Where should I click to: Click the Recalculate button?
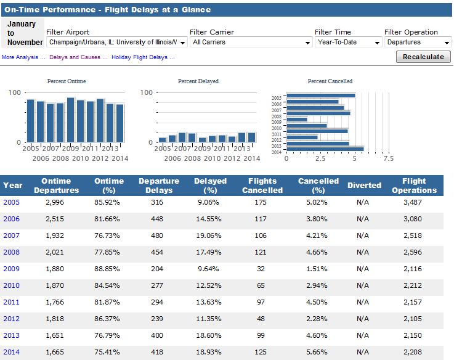coord(423,57)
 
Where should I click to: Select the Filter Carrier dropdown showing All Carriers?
coord(251,43)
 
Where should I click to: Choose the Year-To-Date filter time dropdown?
coord(349,43)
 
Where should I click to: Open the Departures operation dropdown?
coord(418,43)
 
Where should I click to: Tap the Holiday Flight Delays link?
coord(143,57)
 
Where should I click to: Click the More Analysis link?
coord(24,57)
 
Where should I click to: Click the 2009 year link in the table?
coord(12,269)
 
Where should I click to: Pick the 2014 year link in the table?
coord(12,352)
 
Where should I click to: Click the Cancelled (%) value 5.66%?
coord(318,352)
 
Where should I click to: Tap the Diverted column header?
coord(364,186)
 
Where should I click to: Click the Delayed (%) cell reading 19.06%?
coord(210,235)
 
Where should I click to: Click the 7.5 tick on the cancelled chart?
coord(388,158)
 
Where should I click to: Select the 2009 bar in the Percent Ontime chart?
coord(71,120)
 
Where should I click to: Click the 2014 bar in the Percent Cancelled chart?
coord(325,149)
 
